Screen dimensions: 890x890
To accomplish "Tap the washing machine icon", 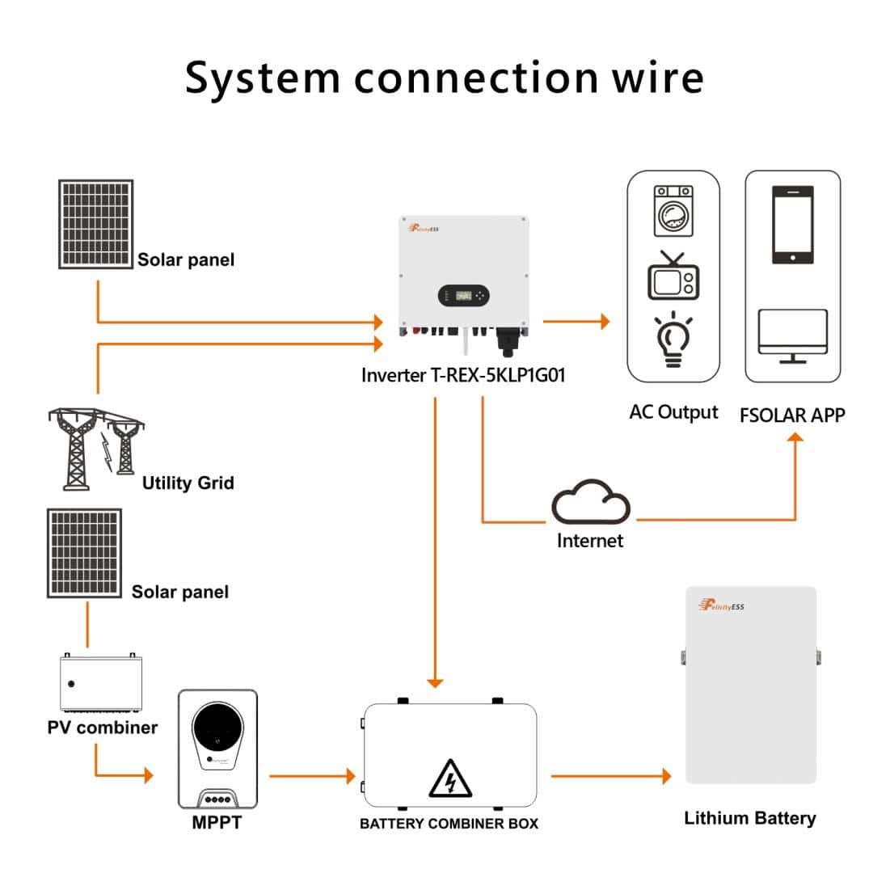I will (673, 212).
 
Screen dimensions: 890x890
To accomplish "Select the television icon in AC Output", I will (673, 276).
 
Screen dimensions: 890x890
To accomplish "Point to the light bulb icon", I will (673, 340).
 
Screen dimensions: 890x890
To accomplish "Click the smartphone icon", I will (792, 225).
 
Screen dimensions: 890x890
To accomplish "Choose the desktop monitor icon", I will (792, 335).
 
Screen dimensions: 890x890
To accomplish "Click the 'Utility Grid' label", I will (188, 483).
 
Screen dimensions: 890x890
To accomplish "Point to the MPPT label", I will (217, 823).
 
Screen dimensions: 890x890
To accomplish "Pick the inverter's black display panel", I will (464, 295).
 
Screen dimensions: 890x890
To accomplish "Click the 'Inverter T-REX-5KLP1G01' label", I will (463, 375).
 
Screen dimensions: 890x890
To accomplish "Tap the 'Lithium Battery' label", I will (749, 818).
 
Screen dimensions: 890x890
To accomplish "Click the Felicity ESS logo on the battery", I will (721, 605).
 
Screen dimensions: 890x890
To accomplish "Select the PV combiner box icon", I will (100, 684).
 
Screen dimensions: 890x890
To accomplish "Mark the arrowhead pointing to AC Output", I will (602, 322).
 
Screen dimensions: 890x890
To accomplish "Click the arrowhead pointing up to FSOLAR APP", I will (795, 438).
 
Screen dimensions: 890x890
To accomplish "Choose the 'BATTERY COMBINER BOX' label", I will (449, 824).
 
